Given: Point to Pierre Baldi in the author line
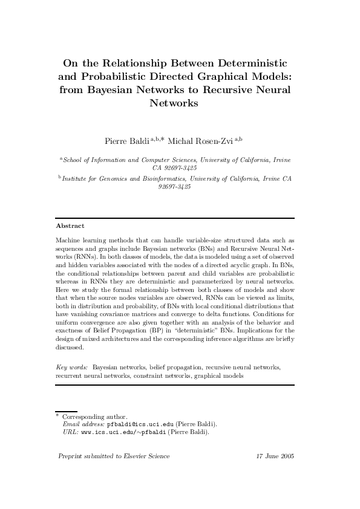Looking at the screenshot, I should (x=126, y=141).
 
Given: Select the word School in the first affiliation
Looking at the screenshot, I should (x=73, y=160).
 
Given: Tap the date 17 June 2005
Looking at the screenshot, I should (x=275, y=456).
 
